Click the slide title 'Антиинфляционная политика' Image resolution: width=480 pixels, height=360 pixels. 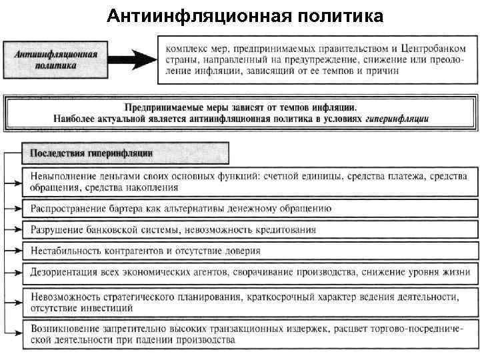click(x=245, y=15)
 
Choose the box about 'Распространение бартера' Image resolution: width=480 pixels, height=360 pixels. click(x=253, y=209)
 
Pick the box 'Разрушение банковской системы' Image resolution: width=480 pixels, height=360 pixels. click(x=253, y=229)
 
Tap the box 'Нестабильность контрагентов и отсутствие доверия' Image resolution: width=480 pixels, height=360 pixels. click(x=253, y=251)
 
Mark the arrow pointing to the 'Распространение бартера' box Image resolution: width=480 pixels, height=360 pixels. click(x=16, y=209)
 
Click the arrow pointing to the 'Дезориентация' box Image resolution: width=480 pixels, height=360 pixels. click(x=16, y=272)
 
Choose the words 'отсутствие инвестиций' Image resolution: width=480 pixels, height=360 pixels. click(x=82, y=307)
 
